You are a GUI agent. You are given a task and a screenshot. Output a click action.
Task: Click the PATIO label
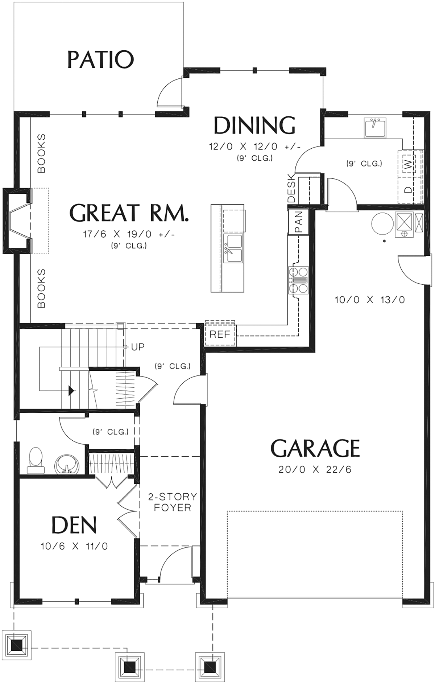(x=101, y=60)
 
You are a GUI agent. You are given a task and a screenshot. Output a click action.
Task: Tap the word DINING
(x=254, y=125)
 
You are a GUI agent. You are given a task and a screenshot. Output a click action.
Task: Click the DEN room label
(x=74, y=525)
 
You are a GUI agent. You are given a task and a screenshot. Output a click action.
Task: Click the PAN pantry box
(x=298, y=222)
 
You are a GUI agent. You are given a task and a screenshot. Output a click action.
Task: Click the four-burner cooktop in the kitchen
(x=298, y=280)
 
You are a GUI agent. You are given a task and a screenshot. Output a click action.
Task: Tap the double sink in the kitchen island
(x=233, y=248)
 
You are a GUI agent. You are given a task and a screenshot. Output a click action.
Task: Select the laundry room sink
(x=375, y=127)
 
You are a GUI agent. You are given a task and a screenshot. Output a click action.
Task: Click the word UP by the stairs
(x=138, y=347)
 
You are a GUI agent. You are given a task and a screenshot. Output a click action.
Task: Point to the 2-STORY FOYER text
(x=172, y=502)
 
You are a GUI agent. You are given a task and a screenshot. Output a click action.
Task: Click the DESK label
(x=291, y=188)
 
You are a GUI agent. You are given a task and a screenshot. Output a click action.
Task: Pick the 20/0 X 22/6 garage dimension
(x=315, y=470)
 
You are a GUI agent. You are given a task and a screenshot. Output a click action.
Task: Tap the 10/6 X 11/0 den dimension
(x=74, y=546)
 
